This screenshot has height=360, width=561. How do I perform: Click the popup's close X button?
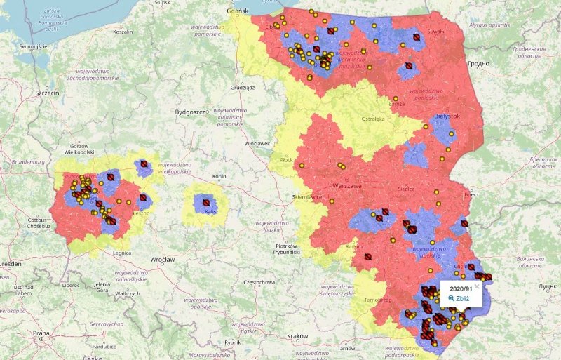click(x=477, y=286)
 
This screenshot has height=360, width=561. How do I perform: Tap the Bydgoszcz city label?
click(x=189, y=112)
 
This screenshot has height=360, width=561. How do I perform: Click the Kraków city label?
click(x=297, y=336)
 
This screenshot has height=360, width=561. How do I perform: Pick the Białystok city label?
click(x=447, y=115)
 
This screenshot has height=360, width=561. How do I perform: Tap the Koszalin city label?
click(x=123, y=32)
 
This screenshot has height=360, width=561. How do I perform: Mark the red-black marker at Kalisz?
click(x=206, y=201)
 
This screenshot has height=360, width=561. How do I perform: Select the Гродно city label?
click(x=478, y=63)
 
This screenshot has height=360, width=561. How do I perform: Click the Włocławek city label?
click(x=257, y=143)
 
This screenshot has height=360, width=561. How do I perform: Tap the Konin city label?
click(x=219, y=175)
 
